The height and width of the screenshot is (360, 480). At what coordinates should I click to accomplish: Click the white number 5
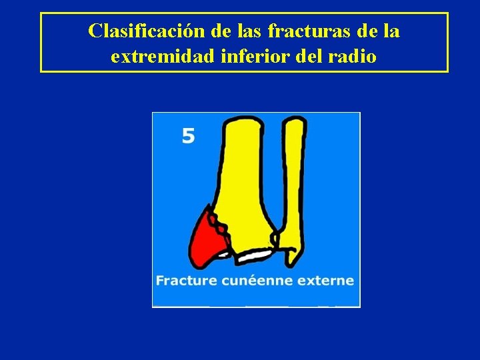[x=189, y=137]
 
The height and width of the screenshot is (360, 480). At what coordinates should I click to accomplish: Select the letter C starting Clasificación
[x=95, y=31]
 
